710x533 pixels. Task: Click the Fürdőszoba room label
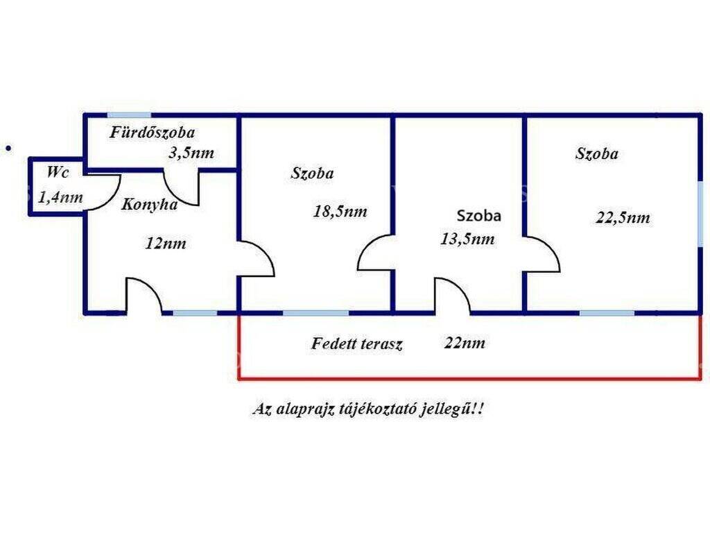tap(153, 133)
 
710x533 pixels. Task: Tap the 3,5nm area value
tap(191, 153)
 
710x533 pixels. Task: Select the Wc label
tap(58, 173)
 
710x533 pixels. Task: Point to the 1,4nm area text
tap(61, 198)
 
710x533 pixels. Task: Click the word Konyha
tap(150, 205)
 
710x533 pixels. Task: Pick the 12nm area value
tap(166, 244)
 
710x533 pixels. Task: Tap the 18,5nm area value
tap(340, 212)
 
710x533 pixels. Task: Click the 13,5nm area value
tap(467, 239)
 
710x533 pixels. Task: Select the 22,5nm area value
tap(623, 218)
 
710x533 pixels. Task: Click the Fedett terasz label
tap(357, 344)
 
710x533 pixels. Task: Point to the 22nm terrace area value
tap(465, 343)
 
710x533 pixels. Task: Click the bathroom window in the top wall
tap(129, 115)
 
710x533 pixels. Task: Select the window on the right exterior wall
tap(700, 214)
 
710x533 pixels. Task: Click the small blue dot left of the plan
tap(8, 149)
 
